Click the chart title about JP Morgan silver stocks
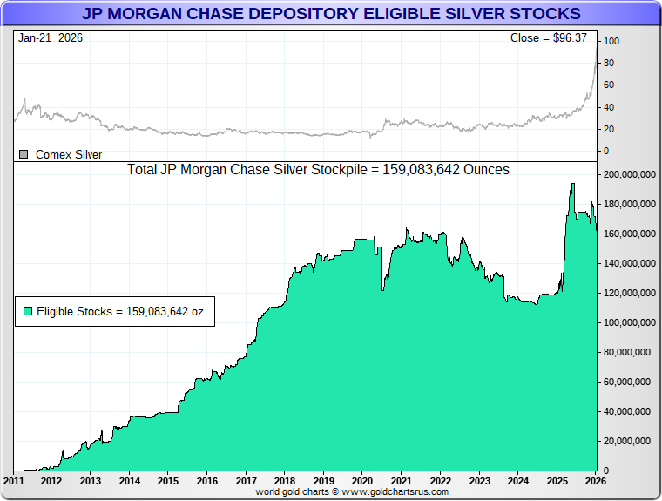[331, 14]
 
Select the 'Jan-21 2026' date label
[50, 38]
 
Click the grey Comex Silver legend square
[24, 154]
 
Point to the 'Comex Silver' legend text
[69, 154]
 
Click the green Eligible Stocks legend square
[28, 310]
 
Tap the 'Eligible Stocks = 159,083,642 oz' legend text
[121, 310]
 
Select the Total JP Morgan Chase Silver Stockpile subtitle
[318, 169]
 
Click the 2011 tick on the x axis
[14, 481]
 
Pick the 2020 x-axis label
[362, 481]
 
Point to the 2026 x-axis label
[596, 481]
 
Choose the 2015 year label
[168, 481]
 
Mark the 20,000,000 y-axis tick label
[630, 441]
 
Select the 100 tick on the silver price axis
[611, 41]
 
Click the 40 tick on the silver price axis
[609, 107]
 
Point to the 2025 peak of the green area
[572, 185]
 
